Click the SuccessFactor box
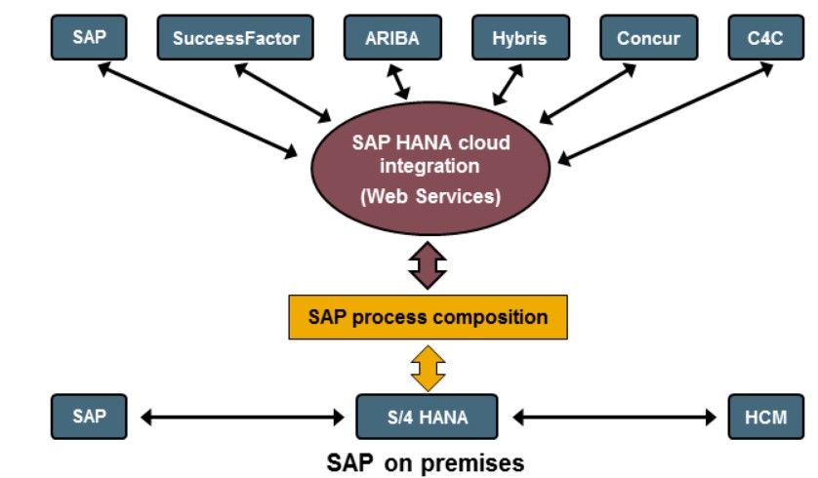(235, 38)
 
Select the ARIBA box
(391, 38)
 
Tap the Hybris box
(521, 38)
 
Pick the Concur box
(648, 38)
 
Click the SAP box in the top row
(88, 38)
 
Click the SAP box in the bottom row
(88, 417)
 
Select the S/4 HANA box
(427, 417)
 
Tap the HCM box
(766, 417)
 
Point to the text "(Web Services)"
(429, 195)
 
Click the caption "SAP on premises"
(426, 460)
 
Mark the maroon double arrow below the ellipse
(428, 263)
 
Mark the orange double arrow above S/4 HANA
(428, 368)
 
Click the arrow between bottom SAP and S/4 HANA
(243, 418)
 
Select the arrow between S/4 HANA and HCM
(614, 418)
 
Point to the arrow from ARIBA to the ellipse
(399, 82)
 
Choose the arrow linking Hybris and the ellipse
(508, 85)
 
